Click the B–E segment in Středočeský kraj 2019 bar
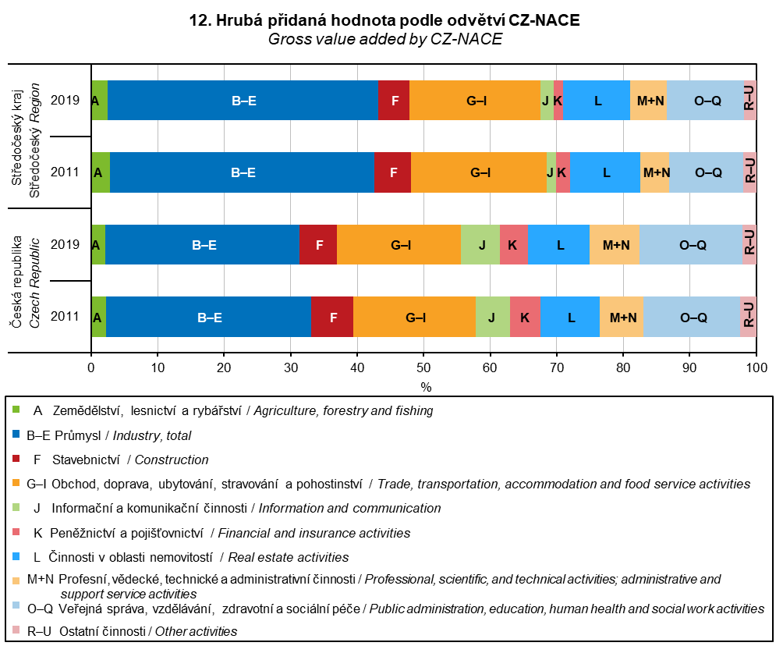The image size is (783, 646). (243, 100)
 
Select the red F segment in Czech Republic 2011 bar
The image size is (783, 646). (332, 317)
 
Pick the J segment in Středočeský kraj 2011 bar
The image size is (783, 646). (551, 172)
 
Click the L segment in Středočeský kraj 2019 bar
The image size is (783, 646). (597, 100)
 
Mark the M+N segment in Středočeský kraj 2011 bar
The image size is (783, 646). (654, 172)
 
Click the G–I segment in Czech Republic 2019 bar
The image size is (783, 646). (399, 245)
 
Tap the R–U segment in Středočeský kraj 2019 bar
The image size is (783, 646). (749, 100)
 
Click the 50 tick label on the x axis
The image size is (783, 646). (424, 369)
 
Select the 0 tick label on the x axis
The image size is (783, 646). (91, 369)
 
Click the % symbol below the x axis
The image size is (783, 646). (426, 386)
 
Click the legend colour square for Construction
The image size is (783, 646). (17, 459)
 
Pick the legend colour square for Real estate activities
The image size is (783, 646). (17, 556)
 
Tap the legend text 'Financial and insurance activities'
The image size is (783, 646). (314, 533)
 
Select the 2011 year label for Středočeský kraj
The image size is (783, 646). (66, 172)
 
